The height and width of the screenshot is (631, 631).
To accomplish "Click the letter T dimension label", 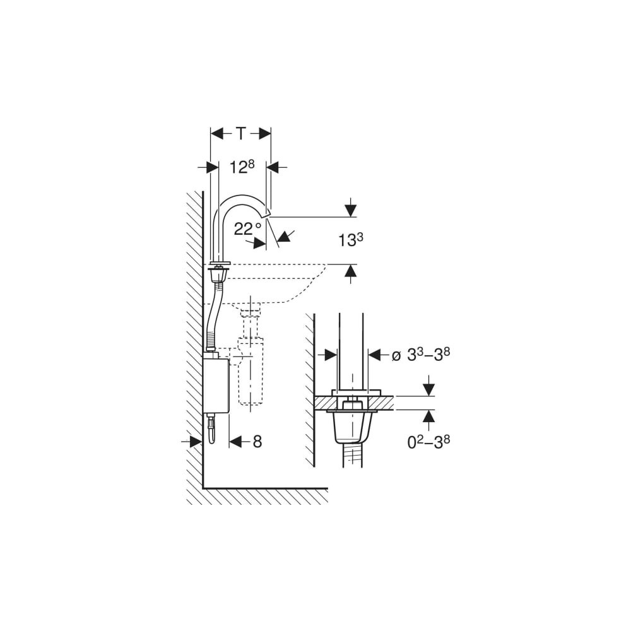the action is [x=240, y=134].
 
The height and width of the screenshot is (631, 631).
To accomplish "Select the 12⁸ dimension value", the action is [x=242, y=167].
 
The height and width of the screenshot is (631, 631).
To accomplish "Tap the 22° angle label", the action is [x=247, y=229].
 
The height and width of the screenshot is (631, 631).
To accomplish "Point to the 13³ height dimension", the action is [x=350, y=240].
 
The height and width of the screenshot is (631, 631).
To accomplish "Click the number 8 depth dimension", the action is [x=257, y=442].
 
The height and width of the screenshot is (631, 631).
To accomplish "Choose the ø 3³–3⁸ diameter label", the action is [x=421, y=355].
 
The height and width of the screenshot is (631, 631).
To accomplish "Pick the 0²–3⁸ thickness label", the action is [x=428, y=442].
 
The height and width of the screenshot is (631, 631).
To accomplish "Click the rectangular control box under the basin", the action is [x=216, y=385].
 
